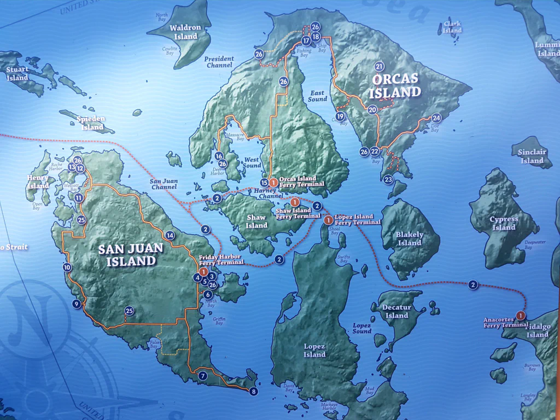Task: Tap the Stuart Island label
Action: click(x=17, y=73)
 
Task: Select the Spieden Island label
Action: click(x=91, y=123)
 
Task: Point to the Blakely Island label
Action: click(x=409, y=238)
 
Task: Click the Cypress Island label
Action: click(x=504, y=223)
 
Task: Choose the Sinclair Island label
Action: click(x=532, y=156)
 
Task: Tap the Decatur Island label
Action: click(x=396, y=311)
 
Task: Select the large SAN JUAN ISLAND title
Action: click(x=131, y=254)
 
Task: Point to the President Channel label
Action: click(x=219, y=62)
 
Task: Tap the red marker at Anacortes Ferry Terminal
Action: click(x=521, y=316)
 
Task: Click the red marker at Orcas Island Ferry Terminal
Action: click(x=273, y=182)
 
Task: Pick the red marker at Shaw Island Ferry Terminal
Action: click(x=295, y=202)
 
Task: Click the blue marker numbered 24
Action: click(x=436, y=118)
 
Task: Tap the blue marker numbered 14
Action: click(x=170, y=236)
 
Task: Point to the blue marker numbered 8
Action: click(x=253, y=391)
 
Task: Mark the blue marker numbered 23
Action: click(x=388, y=179)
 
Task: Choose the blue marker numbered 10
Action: click(x=67, y=267)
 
